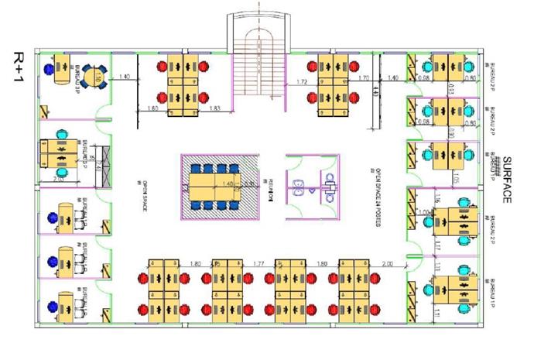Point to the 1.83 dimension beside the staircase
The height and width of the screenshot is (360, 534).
(x=217, y=109)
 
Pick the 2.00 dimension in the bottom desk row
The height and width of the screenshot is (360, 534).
(x=387, y=265)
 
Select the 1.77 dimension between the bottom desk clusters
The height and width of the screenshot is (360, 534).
(x=260, y=265)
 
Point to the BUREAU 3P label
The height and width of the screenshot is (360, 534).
(x=78, y=76)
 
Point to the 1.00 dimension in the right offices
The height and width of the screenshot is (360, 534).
(x=423, y=211)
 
